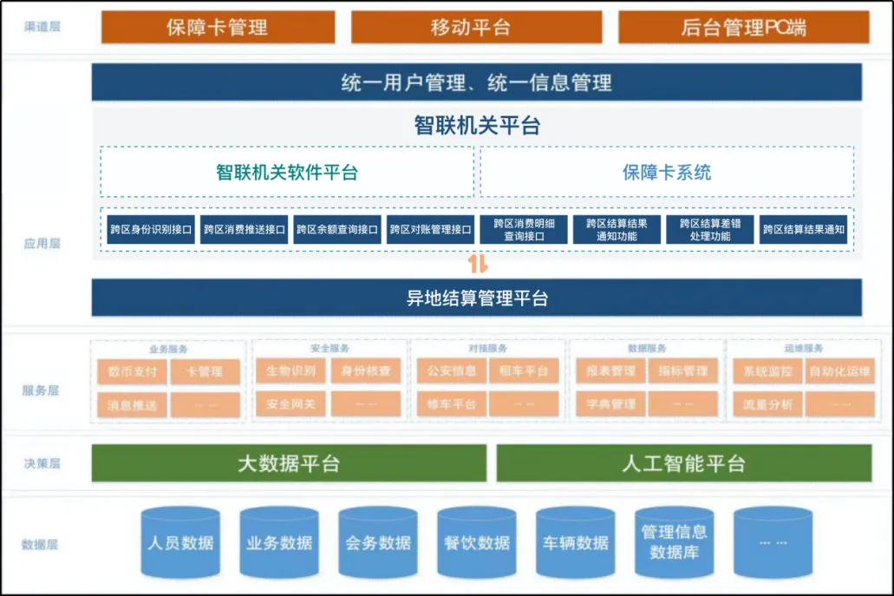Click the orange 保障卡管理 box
tap(217, 27)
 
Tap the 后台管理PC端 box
tap(743, 27)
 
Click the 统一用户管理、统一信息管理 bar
tap(476, 82)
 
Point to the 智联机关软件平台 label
tap(287, 172)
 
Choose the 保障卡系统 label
tap(667, 172)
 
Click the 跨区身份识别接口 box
tap(151, 230)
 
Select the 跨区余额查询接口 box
tap(337, 230)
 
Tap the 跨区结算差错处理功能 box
tap(709, 230)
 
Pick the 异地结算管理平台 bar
tap(476, 298)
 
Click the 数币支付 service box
tap(133, 371)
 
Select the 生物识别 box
tap(290, 371)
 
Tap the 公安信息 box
tap(451, 371)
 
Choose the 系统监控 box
tap(767, 371)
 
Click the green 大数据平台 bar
tap(289, 463)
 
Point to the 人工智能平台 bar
tap(683, 463)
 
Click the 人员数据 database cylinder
tap(180, 544)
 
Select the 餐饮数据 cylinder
tap(477, 544)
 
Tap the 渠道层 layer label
tap(42, 27)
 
